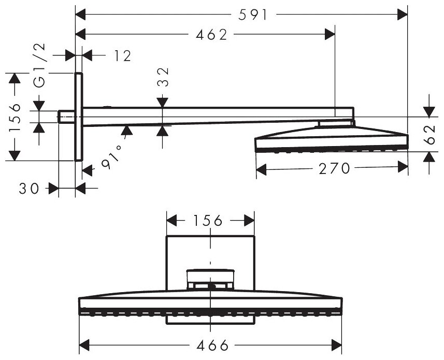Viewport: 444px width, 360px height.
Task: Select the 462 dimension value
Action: (x=212, y=35)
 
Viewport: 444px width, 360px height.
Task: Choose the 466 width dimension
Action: (x=210, y=345)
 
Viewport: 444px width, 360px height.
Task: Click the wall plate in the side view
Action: (x=79, y=117)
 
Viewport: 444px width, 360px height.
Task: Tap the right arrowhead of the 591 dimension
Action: (x=403, y=16)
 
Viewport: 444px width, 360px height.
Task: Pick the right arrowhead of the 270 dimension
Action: (x=403, y=168)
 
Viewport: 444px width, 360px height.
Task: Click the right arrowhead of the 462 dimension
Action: (x=330, y=35)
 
